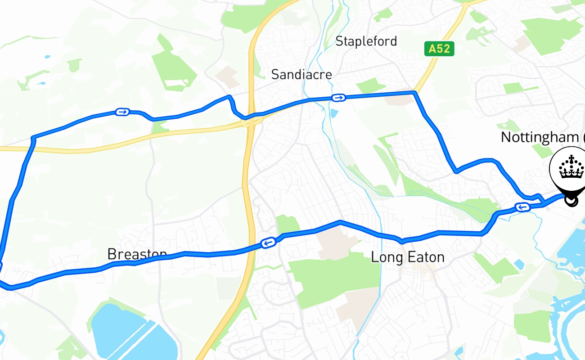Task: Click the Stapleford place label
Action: point(366,42)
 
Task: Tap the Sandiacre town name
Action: point(301,75)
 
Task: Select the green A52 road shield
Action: point(439,49)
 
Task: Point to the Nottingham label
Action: point(540,137)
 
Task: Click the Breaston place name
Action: point(137,254)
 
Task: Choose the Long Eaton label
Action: point(407,257)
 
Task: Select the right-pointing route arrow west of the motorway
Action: point(122,112)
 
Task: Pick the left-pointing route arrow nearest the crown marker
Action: point(522,207)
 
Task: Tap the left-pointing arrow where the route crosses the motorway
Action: point(268,243)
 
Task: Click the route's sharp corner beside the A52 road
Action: point(414,93)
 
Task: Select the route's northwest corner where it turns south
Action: point(33,137)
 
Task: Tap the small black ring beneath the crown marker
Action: point(571,202)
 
